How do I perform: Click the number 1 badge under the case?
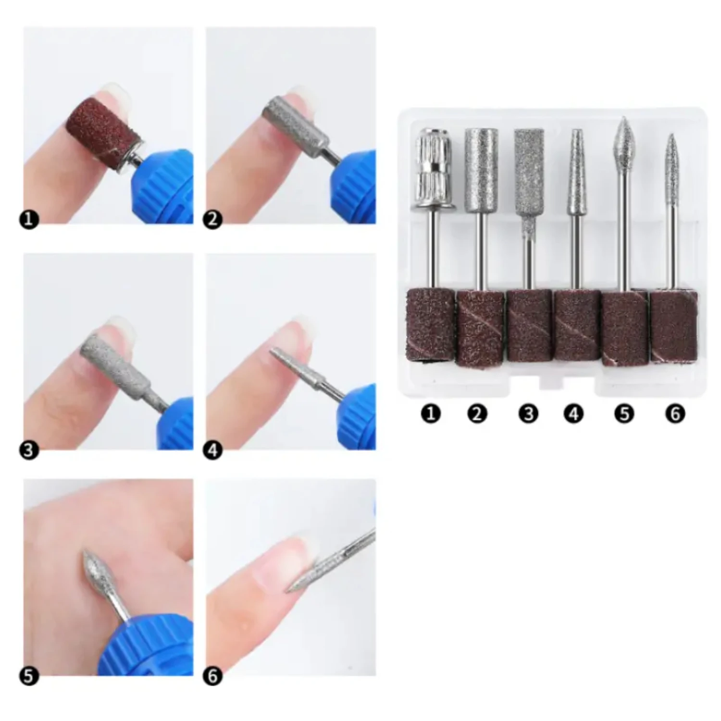coord(431,413)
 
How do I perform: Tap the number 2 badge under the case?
coord(477,413)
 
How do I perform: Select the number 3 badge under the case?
coord(528,413)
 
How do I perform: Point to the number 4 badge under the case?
coord(574,413)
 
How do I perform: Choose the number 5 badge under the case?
coord(624,413)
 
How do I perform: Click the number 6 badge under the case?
coord(675,413)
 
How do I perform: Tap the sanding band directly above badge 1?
coord(431,324)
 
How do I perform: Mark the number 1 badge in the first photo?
coord(29,220)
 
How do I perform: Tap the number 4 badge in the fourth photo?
coord(213,450)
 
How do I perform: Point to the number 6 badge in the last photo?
coord(213,676)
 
